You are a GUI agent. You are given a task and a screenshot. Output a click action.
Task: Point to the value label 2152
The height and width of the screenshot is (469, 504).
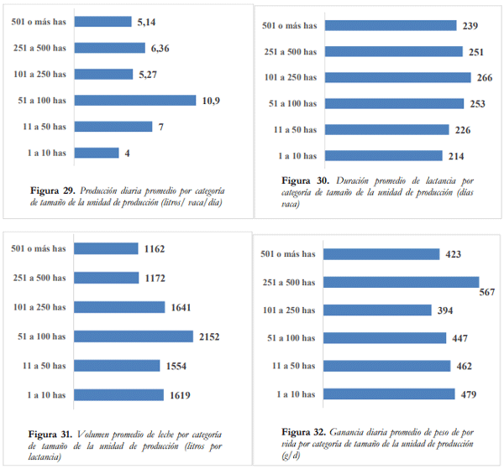211,337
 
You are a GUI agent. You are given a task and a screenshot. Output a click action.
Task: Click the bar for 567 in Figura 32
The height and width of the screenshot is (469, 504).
402,283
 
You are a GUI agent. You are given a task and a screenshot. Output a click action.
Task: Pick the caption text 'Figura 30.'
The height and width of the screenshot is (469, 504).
307,180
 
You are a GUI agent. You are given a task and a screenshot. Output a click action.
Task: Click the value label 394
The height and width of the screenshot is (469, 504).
445,310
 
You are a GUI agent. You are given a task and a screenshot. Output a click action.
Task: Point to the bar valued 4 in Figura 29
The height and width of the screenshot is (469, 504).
97,153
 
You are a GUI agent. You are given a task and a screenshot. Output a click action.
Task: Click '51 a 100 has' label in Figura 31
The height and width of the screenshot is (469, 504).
41,336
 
